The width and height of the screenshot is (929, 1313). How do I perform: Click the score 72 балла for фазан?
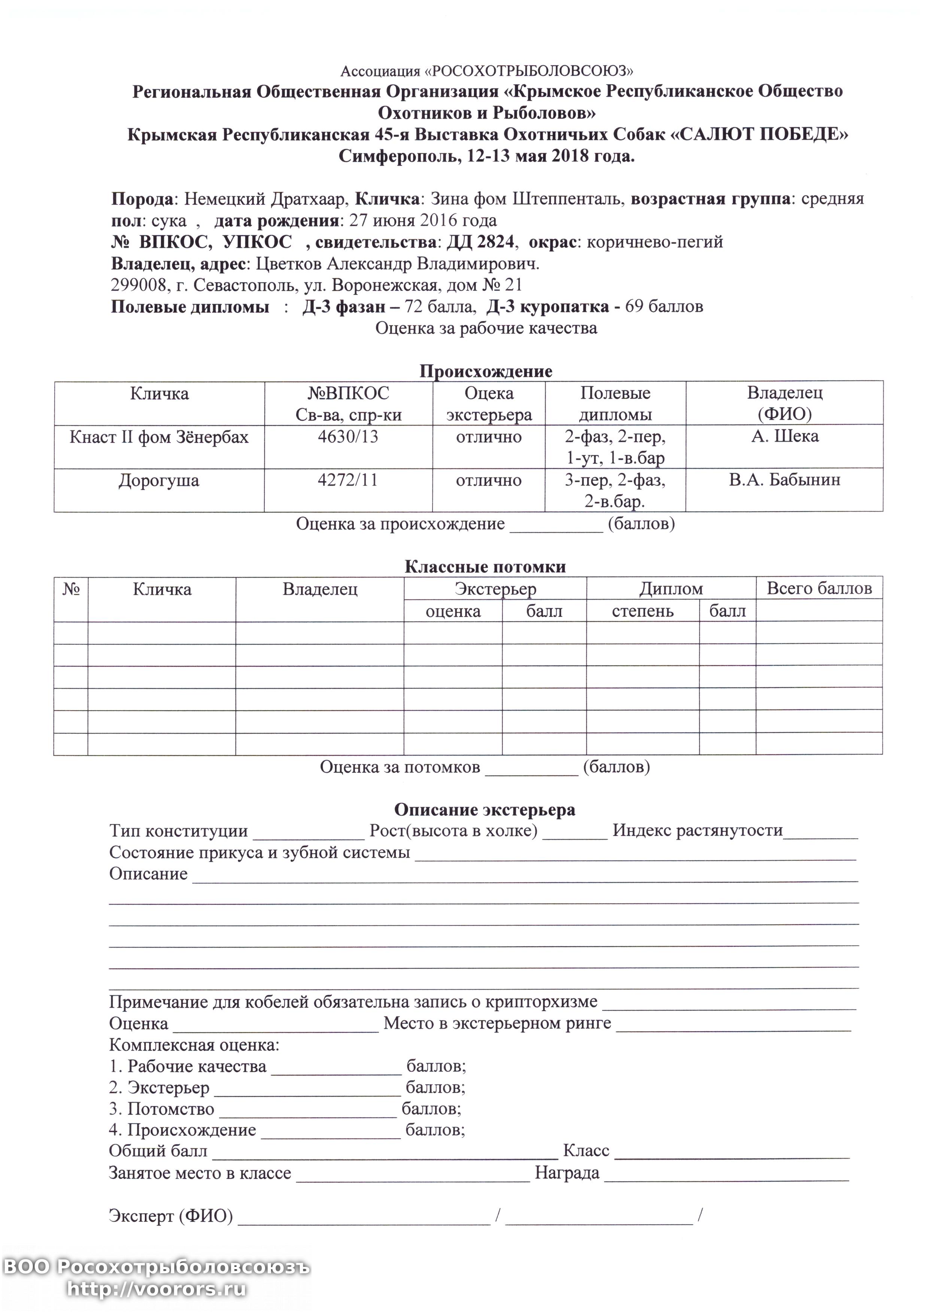(439, 307)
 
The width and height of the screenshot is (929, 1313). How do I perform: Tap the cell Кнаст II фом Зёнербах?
(159, 437)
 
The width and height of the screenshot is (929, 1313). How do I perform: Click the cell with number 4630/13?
(348, 437)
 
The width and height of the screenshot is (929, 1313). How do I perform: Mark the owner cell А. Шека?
(784, 437)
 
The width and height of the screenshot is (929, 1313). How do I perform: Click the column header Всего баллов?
(819, 589)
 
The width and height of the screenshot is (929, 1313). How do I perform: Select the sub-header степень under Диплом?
(643, 611)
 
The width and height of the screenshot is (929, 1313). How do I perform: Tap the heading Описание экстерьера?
(485, 810)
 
